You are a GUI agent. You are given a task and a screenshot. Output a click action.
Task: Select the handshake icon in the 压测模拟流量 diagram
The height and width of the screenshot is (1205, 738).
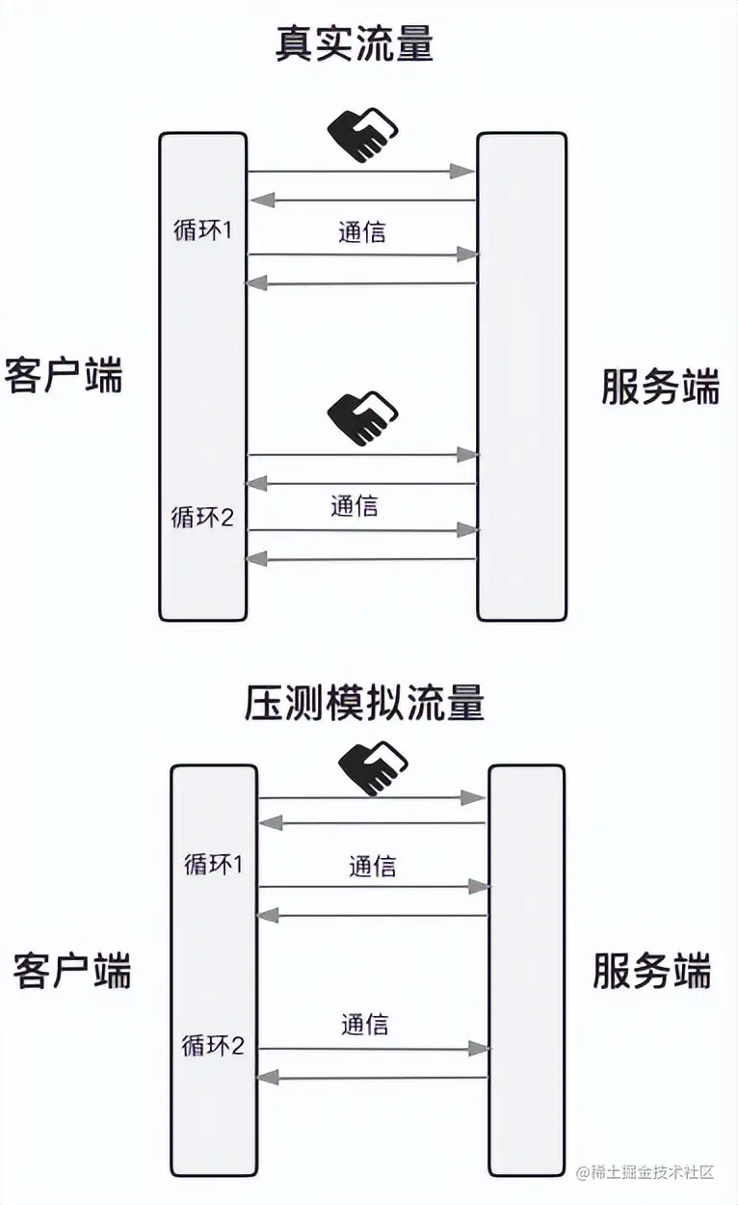(x=373, y=767)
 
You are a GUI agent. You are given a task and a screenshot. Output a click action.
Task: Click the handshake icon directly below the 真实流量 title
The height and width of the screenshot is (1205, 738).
(x=361, y=134)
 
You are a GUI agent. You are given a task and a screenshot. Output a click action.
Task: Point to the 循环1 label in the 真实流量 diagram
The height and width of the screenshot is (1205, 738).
(x=200, y=232)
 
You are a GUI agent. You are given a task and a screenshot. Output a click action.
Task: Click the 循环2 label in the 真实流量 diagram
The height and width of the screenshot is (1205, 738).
(x=202, y=518)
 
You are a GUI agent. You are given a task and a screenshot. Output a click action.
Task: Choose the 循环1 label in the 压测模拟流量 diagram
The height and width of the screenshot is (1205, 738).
(x=213, y=865)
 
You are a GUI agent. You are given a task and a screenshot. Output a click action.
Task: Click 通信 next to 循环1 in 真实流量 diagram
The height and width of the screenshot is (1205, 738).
(x=362, y=232)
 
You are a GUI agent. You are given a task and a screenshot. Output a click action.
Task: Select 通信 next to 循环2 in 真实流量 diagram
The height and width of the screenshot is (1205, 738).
(x=354, y=505)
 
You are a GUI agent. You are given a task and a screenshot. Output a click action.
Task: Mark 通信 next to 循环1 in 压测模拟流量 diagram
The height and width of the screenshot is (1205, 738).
(x=372, y=866)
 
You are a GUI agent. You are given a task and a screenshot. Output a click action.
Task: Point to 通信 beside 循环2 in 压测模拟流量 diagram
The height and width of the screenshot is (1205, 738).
(x=364, y=1024)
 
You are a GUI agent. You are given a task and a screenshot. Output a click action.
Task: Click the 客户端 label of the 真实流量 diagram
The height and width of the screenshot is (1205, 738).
(x=64, y=375)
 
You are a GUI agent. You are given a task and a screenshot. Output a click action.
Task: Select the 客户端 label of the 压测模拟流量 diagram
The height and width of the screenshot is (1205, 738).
(x=72, y=970)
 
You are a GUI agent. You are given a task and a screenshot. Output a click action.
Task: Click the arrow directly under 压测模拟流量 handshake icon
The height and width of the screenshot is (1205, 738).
(x=372, y=798)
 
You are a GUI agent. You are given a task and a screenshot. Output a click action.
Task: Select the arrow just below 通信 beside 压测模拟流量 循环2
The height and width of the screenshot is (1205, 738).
(x=372, y=1049)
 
